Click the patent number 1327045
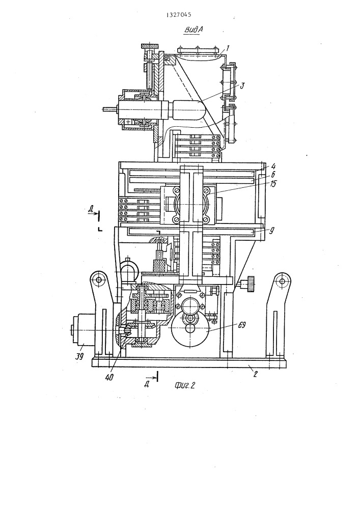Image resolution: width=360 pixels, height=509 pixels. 179,15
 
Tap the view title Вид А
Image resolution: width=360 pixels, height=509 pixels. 193,30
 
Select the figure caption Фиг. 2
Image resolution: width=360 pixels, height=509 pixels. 184,385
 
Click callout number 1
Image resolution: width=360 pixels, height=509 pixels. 228,49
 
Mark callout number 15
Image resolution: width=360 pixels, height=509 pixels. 273,184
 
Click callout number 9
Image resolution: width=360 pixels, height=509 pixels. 272,231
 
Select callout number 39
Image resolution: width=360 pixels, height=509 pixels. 79,356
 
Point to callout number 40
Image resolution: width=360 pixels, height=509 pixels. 109,377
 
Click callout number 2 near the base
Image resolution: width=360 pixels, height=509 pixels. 255,374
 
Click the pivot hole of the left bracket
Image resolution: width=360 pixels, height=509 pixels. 98,279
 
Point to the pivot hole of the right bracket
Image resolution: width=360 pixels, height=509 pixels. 282,280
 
